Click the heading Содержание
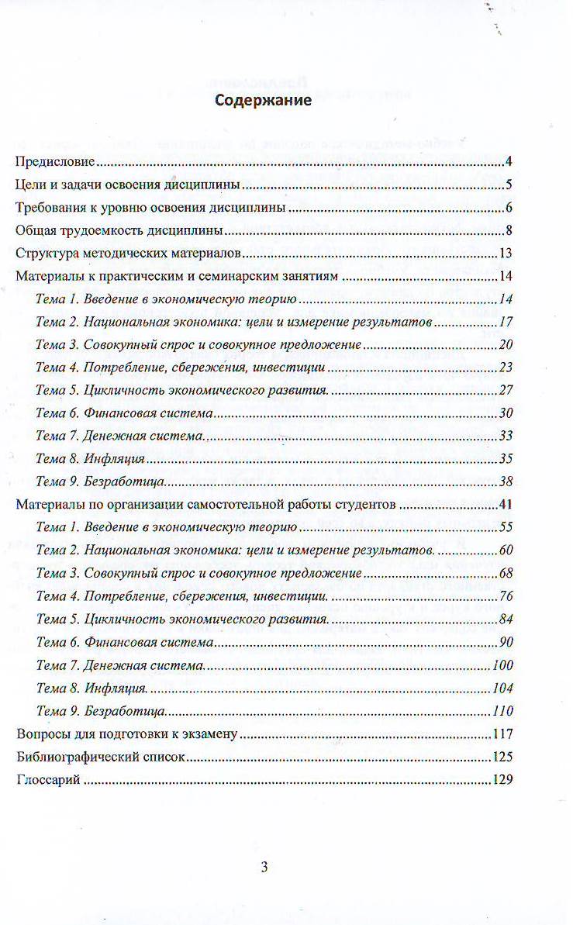[263, 101]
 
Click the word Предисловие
[55, 162]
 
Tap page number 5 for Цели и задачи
[509, 185]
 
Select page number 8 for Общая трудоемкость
[509, 230]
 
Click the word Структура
[46, 254]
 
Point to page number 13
[506, 254]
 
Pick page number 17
[506, 322]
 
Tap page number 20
[506, 345]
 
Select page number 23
[506, 368]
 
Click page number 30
[506, 413]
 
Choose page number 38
[506, 481]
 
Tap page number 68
[506, 574]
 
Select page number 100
[503, 665]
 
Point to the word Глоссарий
[48, 780]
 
